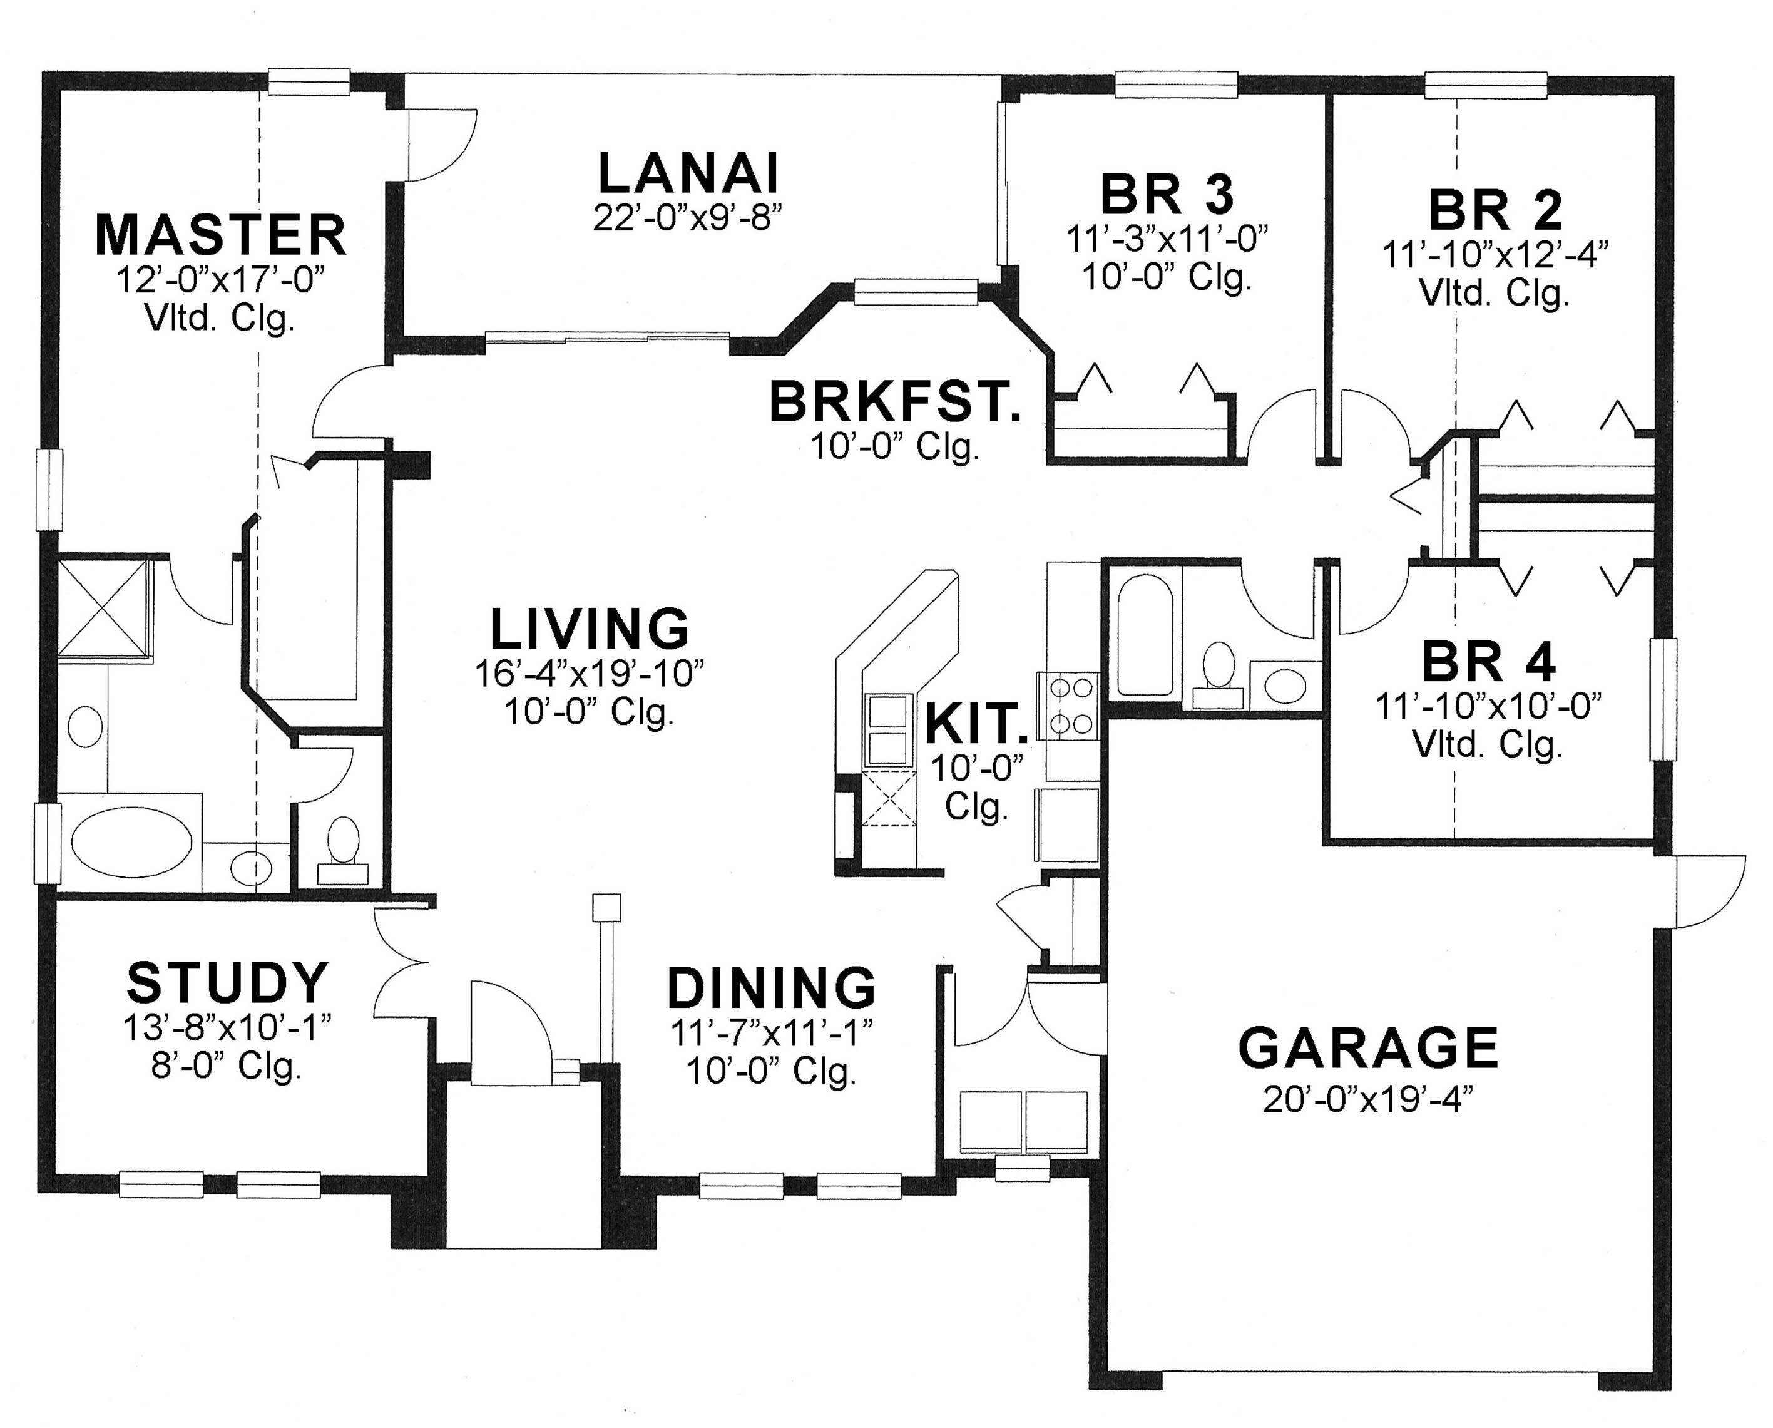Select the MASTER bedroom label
220,235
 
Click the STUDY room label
228,982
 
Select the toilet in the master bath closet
343,847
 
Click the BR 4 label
1488,662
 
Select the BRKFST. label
895,403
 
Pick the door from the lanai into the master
440,144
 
